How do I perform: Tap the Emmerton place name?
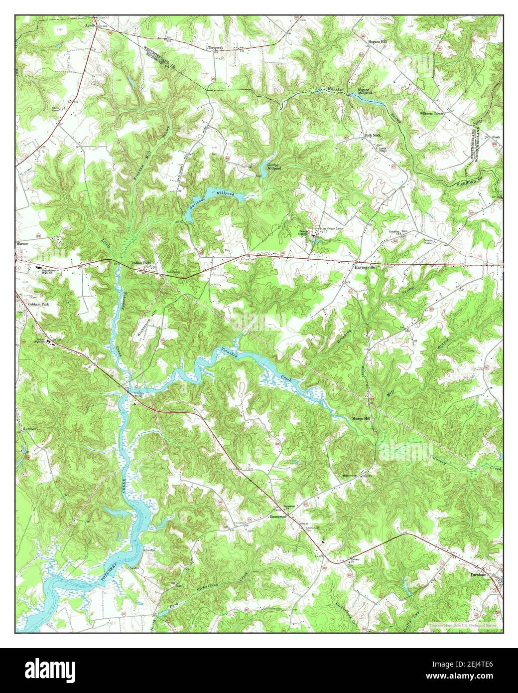(278, 518)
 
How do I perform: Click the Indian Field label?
(140, 262)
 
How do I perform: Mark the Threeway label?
(216, 48)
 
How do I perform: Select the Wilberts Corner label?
(431, 114)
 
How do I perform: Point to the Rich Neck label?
(374, 135)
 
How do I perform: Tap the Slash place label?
(496, 137)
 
